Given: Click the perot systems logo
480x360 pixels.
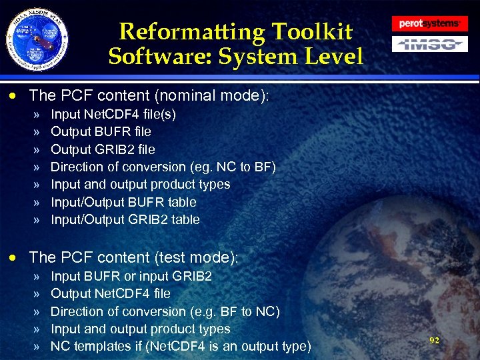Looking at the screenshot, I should (x=429, y=23).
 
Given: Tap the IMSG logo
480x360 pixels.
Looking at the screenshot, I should (x=429, y=45).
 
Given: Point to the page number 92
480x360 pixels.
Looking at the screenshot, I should (x=434, y=340).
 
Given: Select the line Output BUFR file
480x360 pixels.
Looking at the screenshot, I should (x=101, y=131).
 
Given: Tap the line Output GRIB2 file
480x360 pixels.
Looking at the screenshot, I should (x=103, y=149).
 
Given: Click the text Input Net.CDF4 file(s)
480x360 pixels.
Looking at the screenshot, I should (x=113, y=114).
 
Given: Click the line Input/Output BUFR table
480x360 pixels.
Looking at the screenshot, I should (x=123, y=202).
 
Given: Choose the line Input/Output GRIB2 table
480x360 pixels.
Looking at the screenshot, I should (x=125, y=219).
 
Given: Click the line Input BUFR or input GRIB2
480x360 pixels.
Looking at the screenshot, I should (x=131, y=276).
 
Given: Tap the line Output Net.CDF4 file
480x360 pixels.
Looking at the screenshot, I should (x=110, y=293).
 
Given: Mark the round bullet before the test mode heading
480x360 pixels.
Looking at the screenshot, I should (x=18, y=257).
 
